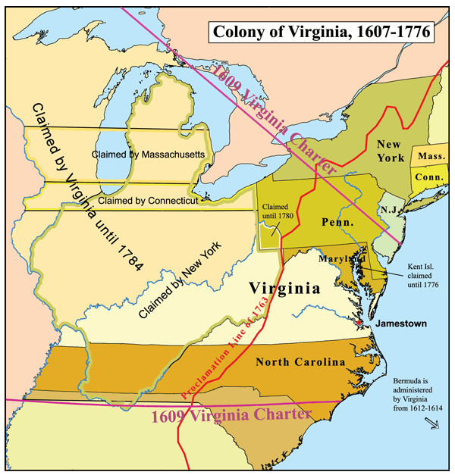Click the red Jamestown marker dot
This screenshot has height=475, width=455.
coord(359,323)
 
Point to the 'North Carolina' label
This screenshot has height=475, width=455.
coord(300,362)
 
